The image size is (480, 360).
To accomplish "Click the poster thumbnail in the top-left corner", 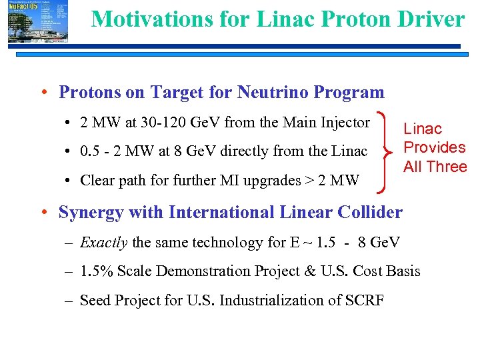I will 38,22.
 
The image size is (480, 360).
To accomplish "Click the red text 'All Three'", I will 435,167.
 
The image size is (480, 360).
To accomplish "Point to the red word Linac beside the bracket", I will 423,129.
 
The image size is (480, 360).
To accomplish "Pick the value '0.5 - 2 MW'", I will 114,151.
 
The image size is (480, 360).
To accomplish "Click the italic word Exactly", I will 103,242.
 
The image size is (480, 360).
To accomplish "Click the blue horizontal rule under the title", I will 267,46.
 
